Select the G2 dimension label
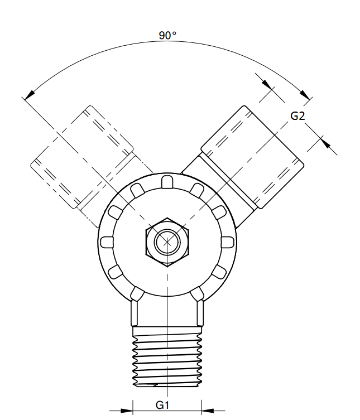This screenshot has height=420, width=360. tap(297, 117)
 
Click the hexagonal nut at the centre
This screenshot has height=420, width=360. tap(166, 242)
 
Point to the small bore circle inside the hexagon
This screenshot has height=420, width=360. tap(166, 242)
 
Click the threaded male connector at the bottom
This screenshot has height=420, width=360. tap(166, 357)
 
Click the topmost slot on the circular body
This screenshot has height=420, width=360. tap(166, 181)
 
